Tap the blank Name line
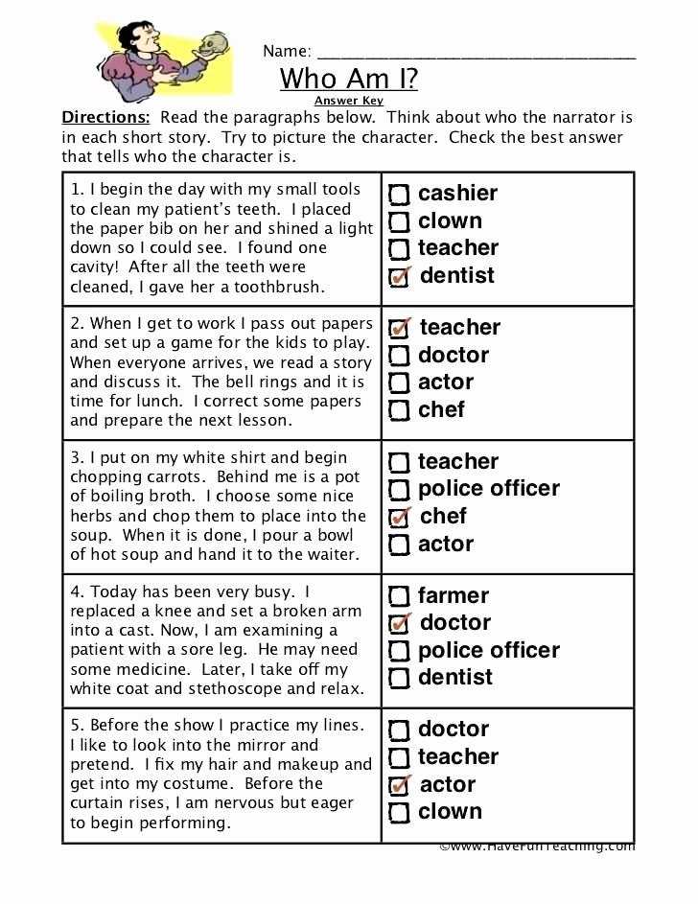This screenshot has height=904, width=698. click(x=475, y=56)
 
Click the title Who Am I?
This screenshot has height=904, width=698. click(x=348, y=78)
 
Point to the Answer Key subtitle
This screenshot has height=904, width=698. click(x=348, y=101)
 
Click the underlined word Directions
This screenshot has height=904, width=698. click(x=105, y=118)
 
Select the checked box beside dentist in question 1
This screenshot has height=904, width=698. click(x=400, y=277)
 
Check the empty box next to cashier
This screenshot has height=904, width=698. click(x=400, y=195)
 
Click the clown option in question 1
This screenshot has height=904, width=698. click(x=449, y=220)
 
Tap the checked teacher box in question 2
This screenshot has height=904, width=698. click(x=400, y=329)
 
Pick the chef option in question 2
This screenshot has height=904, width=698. click(x=441, y=409)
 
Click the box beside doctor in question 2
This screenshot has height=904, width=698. click(x=400, y=357)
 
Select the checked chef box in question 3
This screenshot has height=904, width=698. click(x=400, y=518)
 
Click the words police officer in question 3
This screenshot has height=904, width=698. click(x=488, y=489)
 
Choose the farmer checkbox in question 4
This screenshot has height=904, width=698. click(x=400, y=596)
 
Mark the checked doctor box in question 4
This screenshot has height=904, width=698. click(x=400, y=624)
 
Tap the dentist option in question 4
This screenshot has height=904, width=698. click(x=454, y=677)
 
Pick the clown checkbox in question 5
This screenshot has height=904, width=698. click(x=400, y=813)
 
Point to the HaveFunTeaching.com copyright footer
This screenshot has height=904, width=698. click(x=537, y=846)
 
